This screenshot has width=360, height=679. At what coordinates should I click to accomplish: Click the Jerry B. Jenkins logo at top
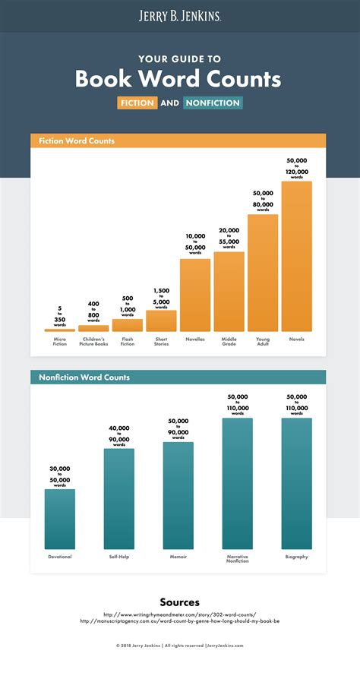tap(179, 15)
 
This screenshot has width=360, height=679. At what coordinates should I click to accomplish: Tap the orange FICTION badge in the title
tap(137, 103)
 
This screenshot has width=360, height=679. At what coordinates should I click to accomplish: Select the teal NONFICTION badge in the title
tap(213, 103)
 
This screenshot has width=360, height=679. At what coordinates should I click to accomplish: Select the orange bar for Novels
tap(296, 256)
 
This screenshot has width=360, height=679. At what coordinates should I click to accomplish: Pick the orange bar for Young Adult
tap(263, 273)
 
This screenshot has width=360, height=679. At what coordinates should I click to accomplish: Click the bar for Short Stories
tap(161, 321)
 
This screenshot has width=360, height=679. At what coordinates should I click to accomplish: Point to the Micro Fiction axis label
tap(59, 341)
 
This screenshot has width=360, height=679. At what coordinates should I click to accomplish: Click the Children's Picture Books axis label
tap(93, 341)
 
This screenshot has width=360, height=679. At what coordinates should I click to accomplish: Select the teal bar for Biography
tap(296, 483)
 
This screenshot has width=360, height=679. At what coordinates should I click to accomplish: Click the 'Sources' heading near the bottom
tap(179, 602)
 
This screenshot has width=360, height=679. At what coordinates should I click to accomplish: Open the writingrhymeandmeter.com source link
tap(179, 614)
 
